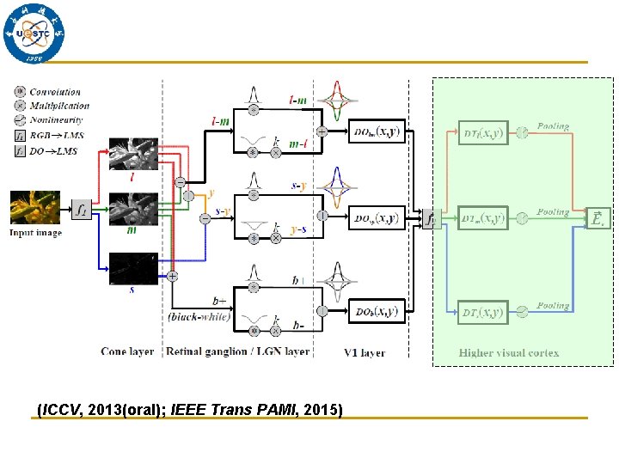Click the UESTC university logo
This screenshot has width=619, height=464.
point(34,34)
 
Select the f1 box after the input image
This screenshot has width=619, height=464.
point(81,210)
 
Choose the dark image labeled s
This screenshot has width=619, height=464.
point(133,269)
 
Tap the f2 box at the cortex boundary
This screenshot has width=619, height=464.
point(430,218)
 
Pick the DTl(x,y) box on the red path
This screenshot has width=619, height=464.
point(483,132)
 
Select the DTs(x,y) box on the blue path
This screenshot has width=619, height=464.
point(483,312)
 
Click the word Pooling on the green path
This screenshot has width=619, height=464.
point(553,211)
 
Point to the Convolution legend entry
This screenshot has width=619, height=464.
point(54,92)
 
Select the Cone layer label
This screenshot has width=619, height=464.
point(127,351)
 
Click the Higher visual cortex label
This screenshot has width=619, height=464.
point(509,353)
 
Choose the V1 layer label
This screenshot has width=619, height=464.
point(365,352)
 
